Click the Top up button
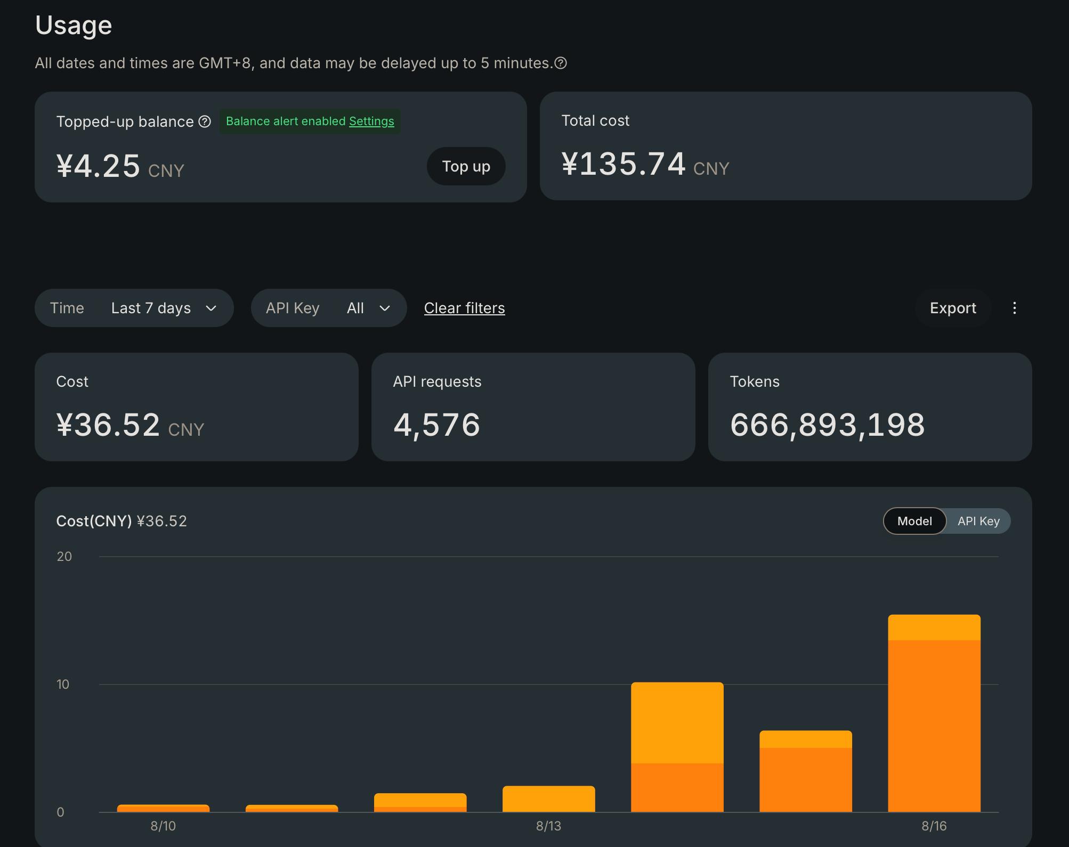coord(466,166)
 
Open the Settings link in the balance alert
coord(371,121)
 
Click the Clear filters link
coord(464,308)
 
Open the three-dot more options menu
coord(1014,308)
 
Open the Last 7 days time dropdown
coord(134,308)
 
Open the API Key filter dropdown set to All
coord(329,308)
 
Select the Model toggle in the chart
coord(914,521)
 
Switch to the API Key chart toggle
coord(978,521)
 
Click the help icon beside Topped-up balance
coord(205,121)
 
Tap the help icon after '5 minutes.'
coord(561,63)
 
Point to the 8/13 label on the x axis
coord(548,826)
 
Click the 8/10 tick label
coord(163,826)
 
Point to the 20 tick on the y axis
coord(64,556)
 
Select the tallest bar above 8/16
coord(934,713)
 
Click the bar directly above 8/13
coord(548,799)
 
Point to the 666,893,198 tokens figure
coord(827,425)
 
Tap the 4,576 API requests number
coord(436,425)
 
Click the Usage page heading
coord(74,25)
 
